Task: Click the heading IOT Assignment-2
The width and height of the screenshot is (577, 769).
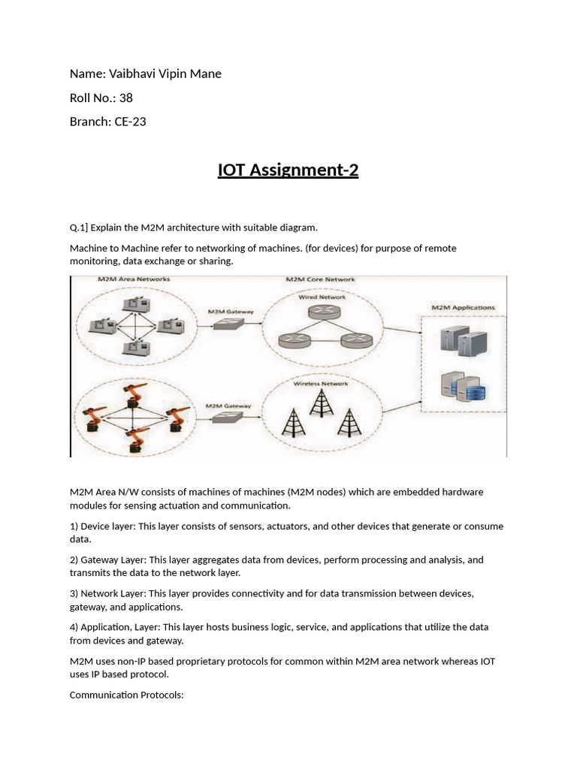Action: pos(288,170)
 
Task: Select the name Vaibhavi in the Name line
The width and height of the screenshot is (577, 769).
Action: pos(132,74)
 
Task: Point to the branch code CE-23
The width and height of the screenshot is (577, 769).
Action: pos(130,122)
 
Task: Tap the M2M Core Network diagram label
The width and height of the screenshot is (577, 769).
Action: pos(321,279)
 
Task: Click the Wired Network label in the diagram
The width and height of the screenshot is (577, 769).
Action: pos(321,297)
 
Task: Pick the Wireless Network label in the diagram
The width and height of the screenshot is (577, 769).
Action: pos(321,384)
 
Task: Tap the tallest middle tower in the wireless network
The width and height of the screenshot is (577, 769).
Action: pos(321,403)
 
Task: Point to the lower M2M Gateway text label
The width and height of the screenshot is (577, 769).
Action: pos(229,406)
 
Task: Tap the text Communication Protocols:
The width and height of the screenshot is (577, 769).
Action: pos(126,695)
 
